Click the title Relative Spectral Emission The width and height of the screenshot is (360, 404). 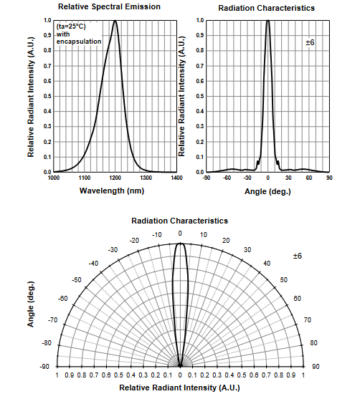click(x=109, y=6)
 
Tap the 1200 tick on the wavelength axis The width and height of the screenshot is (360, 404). click(x=115, y=178)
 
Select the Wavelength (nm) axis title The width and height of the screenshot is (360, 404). click(x=112, y=191)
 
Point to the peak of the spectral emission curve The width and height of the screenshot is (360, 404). click(x=115, y=21)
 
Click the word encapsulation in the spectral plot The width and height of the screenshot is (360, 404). click(x=79, y=42)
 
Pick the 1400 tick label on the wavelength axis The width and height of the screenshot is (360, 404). click(x=176, y=178)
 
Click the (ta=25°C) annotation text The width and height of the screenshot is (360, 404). click(x=71, y=27)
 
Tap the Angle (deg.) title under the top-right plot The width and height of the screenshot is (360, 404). click(x=267, y=191)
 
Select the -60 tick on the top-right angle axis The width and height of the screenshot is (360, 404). click(x=227, y=178)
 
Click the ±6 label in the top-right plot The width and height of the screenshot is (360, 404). click(x=310, y=42)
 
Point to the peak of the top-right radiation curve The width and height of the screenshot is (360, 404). click(x=268, y=20)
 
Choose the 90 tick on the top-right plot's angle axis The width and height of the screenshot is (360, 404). click(x=329, y=178)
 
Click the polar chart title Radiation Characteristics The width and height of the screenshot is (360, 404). click(x=180, y=221)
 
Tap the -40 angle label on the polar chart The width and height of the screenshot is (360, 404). click(x=93, y=264)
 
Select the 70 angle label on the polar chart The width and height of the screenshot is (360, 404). click(x=308, y=320)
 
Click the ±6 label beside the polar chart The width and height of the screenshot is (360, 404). click(x=297, y=256)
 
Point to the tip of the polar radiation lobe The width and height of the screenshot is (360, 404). click(x=180, y=243)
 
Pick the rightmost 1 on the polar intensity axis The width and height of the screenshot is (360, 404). click(x=303, y=375)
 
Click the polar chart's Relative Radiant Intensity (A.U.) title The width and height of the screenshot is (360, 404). click(x=179, y=388)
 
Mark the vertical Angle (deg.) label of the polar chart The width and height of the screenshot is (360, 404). click(x=31, y=304)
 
